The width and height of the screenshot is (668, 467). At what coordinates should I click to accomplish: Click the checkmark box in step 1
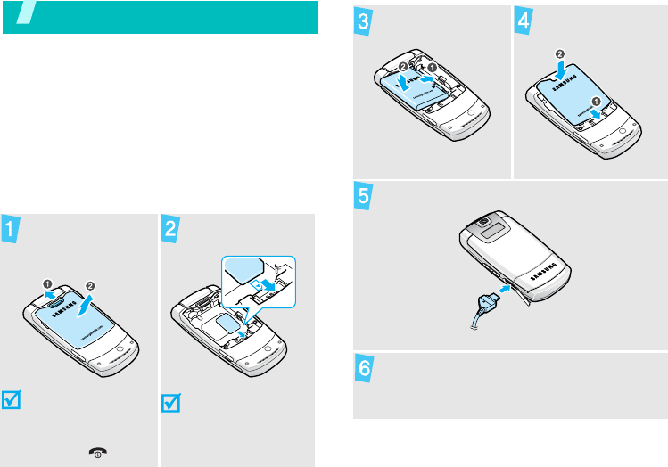tap(14, 400)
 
